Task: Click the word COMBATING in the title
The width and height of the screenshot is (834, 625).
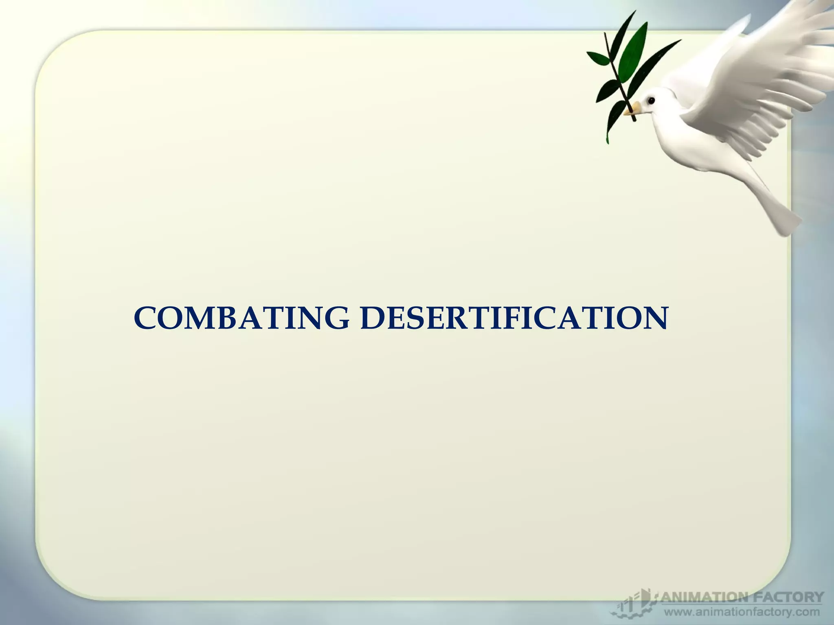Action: tap(241, 318)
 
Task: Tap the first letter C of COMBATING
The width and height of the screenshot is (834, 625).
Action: tap(145, 318)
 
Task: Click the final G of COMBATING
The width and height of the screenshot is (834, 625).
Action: tap(336, 318)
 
